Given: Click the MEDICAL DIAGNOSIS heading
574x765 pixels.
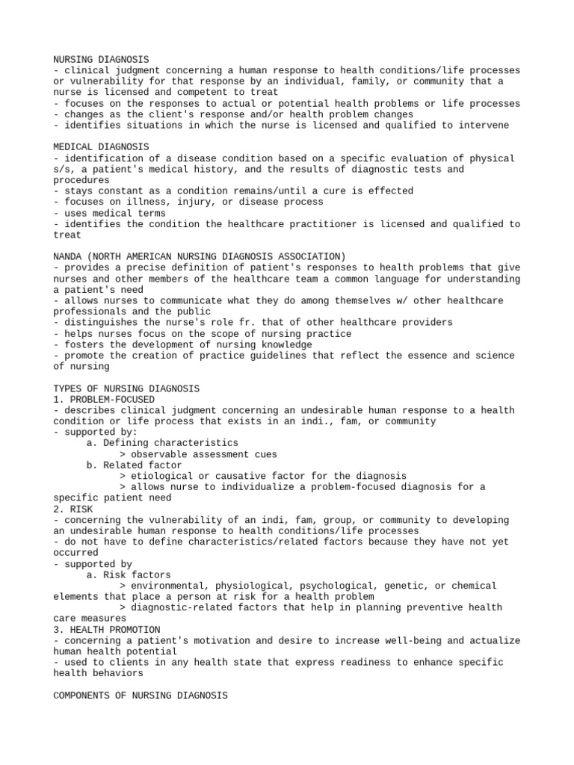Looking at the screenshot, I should tap(101, 147).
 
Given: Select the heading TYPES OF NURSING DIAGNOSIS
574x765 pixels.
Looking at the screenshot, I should tap(126, 388).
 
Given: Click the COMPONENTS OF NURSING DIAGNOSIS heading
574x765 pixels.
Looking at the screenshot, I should tap(140, 695).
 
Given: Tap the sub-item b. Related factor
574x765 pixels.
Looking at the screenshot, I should tap(134, 465).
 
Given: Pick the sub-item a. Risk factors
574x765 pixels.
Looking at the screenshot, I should tap(129, 574).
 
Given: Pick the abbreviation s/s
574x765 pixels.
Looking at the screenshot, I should tap(62, 169).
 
